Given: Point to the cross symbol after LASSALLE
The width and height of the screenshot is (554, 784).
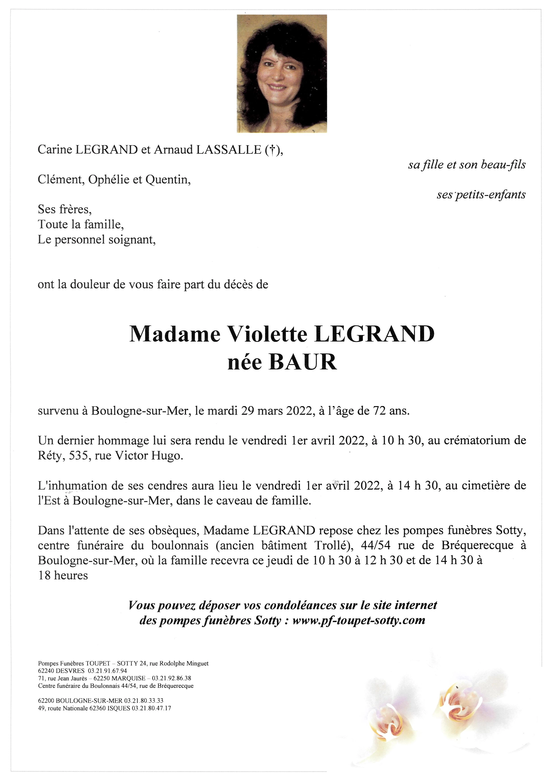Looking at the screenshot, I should click(x=272, y=150).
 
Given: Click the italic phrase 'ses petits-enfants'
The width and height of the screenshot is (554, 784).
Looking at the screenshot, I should click(x=481, y=195).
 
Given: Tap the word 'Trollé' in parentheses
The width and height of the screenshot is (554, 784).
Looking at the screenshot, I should click(x=333, y=545).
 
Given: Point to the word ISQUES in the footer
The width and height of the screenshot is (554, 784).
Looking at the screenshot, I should click(x=119, y=708).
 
